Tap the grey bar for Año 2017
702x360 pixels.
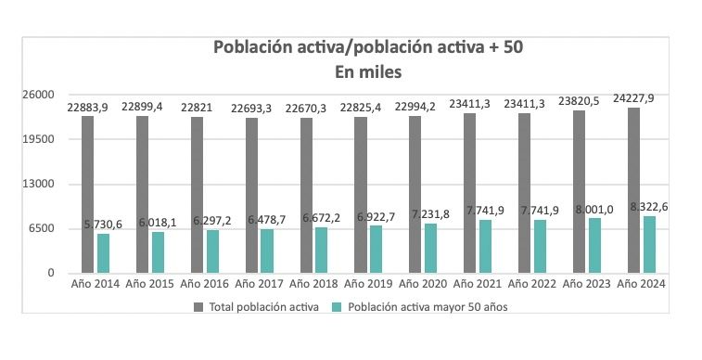coord(252,196)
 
